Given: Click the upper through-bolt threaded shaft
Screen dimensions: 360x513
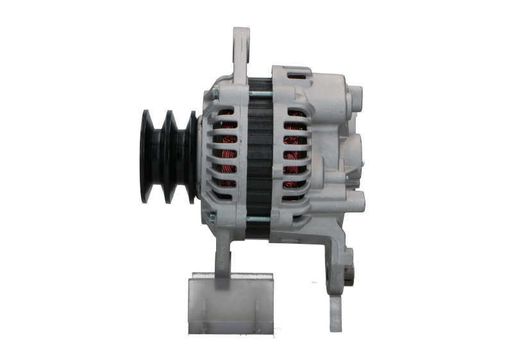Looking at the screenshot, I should [264, 94].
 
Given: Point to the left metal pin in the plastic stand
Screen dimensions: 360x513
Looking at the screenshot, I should [194, 286].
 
